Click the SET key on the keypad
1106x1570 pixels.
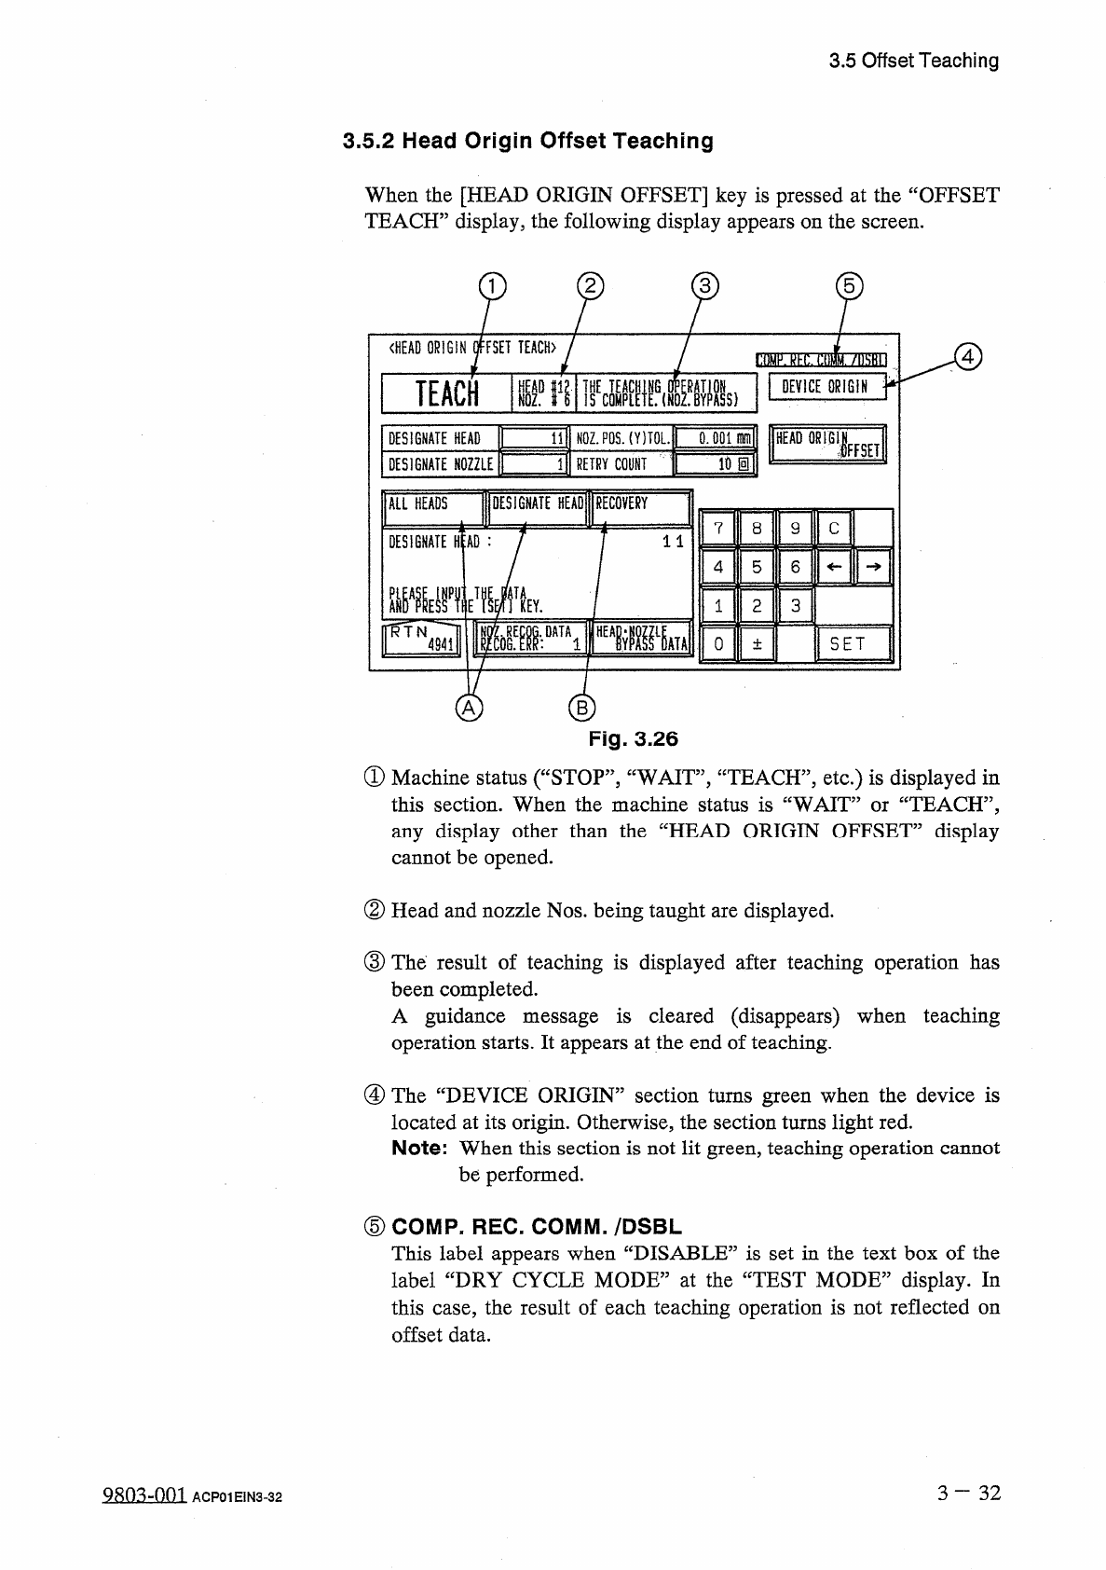pos(853,644)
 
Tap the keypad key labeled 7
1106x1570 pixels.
pos(717,529)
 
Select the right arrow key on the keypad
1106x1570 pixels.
pos(873,567)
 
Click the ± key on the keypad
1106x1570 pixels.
pos(757,644)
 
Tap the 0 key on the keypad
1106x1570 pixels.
pos(717,644)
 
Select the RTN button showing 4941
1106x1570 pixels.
pos(421,640)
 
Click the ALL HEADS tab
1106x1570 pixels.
pos(432,505)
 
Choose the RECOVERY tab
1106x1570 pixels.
pos(641,505)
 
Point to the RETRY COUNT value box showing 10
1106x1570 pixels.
pos(715,464)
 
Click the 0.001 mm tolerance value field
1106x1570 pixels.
pos(715,438)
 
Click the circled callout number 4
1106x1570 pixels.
pos(969,357)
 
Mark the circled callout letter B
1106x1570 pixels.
pos(580,709)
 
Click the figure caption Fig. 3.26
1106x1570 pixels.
pos(634,739)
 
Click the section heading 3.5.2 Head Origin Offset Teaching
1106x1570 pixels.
pos(528,142)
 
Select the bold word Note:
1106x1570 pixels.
pos(419,1149)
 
